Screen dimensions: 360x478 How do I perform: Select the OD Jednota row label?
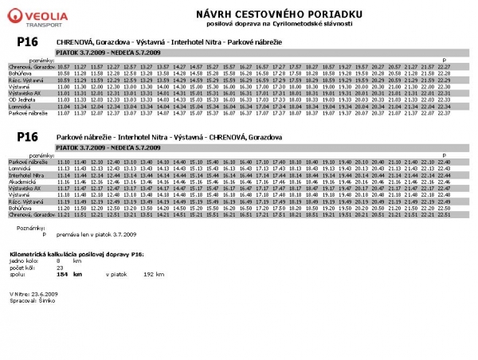(x=21, y=98)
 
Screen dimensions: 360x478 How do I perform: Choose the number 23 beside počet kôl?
(x=59, y=267)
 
